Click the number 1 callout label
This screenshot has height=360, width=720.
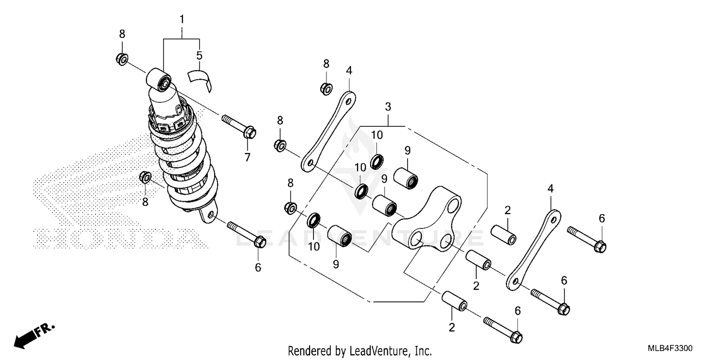coord(182,20)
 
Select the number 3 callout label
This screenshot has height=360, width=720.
coord(388,107)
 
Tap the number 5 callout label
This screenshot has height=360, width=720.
coord(199,56)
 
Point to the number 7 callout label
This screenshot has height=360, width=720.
coord(247,156)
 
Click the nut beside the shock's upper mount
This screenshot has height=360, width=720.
coord(121,60)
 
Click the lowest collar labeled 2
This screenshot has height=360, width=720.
coord(454,301)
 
